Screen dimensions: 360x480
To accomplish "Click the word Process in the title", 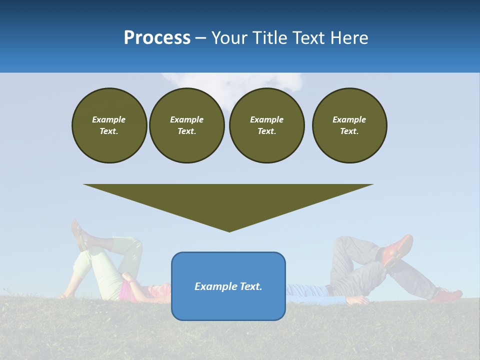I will tap(157, 38).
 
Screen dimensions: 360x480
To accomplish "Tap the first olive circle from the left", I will tap(109, 125).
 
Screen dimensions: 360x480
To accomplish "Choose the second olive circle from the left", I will tap(186, 125).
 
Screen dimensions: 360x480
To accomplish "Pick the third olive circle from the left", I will tap(266, 125).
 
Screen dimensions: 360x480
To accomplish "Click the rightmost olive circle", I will tap(349, 125).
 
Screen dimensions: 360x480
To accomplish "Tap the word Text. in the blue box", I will tap(250, 286).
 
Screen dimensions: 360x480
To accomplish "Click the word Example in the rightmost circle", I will tap(349, 119).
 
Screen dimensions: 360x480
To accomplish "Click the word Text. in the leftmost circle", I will tap(109, 131).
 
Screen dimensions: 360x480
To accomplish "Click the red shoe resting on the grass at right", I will tap(447, 295).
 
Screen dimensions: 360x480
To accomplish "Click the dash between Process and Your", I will tap(200, 38).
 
